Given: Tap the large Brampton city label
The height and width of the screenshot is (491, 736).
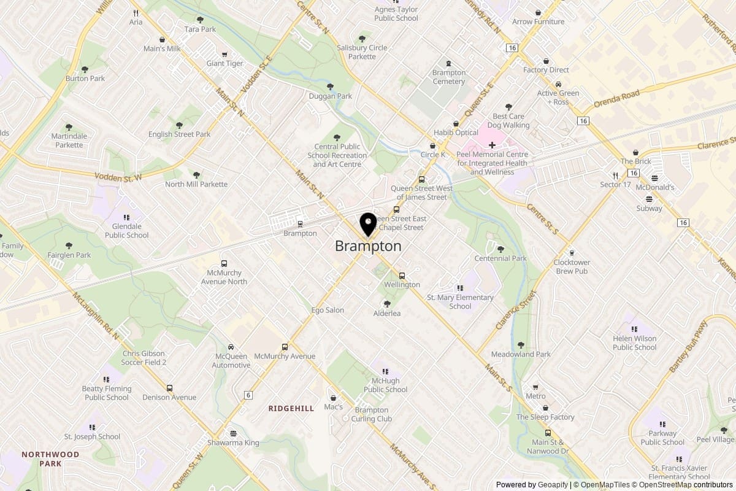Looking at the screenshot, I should click(368, 246).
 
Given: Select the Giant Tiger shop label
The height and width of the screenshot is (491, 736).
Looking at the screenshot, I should click(224, 63).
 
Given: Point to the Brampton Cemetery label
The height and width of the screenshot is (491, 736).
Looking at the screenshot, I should click(449, 77).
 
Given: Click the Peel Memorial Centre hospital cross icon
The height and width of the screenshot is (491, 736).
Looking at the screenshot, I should click(492, 145).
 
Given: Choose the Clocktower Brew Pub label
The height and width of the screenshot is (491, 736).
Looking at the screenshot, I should click(571, 266).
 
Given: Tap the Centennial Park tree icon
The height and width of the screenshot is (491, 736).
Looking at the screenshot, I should click(501, 249).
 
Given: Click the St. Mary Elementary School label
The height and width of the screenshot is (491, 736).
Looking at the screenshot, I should click(460, 302).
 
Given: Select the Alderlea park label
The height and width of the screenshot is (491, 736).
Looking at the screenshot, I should click(387, 313).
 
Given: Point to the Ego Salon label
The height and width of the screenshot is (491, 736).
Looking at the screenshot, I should click(328, 310).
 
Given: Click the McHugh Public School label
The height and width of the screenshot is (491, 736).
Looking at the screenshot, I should click(385, 385).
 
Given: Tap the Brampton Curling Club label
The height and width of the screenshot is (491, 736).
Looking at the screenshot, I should click(372, 414).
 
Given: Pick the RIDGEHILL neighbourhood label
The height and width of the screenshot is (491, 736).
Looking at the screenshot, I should click(291, 408).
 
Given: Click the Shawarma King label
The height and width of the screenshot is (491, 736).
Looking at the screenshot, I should click(233, 443).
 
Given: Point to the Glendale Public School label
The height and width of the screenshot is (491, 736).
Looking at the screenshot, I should click(127, 231).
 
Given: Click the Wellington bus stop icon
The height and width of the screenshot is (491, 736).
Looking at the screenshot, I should click(402, 276).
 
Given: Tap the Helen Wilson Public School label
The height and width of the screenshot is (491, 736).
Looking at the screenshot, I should click(634, 342).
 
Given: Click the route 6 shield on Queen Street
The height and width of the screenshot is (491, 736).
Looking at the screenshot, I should click(248, 395).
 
